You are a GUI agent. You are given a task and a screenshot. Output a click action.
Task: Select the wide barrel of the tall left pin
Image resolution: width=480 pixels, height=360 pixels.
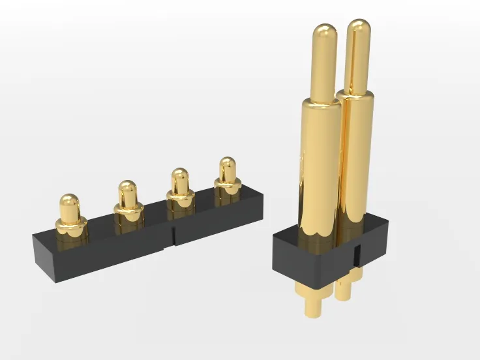click(x=320, y=163)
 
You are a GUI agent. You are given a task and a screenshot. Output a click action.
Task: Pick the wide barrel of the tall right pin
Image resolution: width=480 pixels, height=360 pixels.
click(x=357, y=157)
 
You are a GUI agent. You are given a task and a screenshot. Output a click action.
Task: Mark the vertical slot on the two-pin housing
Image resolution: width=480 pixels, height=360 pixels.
click(x=356, y=254)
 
